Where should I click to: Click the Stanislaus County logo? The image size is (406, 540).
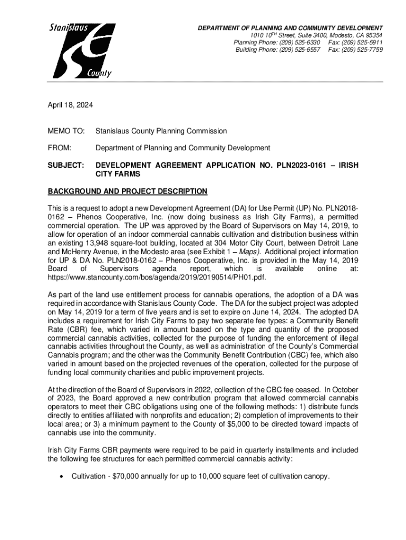coord(81,50)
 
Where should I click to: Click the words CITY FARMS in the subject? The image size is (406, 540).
coord(118,174)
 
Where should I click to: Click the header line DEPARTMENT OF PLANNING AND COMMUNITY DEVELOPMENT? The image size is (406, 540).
coord(290,27)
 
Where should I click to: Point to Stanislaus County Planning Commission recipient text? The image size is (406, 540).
coord(161,131)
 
